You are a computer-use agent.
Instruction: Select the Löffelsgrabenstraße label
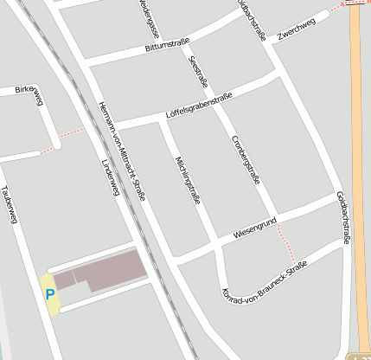pyautogui.click(x=198, y=106)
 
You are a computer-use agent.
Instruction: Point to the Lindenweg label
pyautogui.click(x=109, y=177)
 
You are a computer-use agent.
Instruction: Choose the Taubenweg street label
pyautogui.click(x=10, y=205)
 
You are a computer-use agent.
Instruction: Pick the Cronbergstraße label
pyautogui.click(x=246, y=160)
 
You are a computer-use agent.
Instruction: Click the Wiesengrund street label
pyautogui.click(x=254, y=229)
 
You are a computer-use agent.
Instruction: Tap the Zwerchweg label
pyautogui.click(x=297, y=28)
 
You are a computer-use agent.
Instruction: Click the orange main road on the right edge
pyautogui.click(x=359, y=173)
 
